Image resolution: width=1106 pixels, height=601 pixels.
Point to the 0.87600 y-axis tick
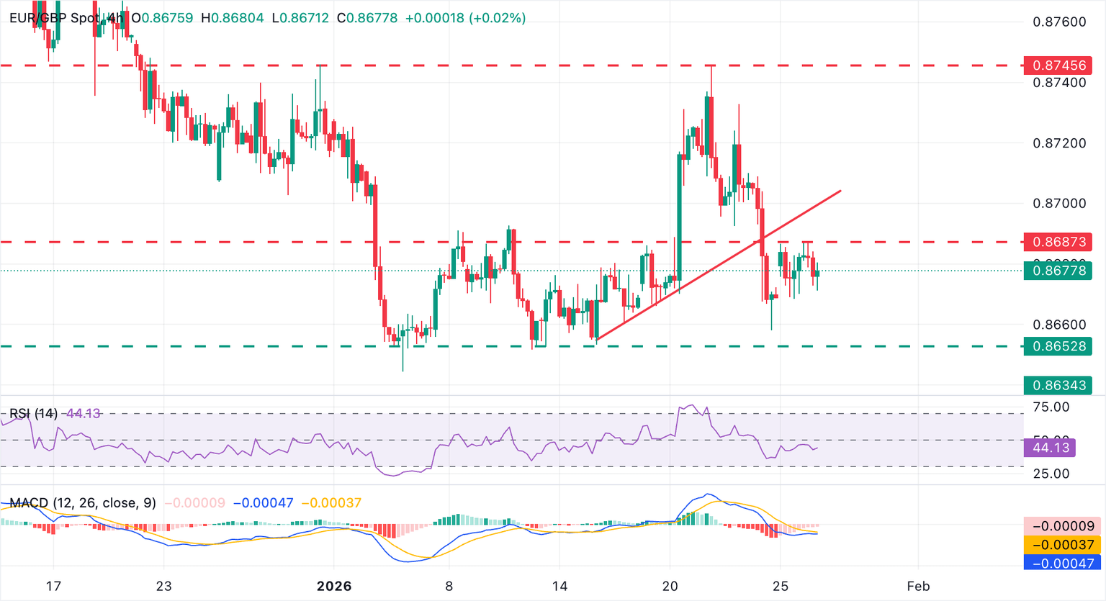[x=1058, y=22]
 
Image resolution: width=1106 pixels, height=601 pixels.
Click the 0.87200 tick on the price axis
[x=1058, y=143]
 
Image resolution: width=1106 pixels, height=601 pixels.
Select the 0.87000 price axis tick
[x=1058, y=204]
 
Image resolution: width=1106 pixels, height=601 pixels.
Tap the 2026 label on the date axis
[x=334, y=586]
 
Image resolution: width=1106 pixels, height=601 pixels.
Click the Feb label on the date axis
[x=918, y=586]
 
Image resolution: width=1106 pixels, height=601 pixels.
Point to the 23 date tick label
[x=164, y=586]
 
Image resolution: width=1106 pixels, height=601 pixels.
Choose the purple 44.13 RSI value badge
[x=1051, y=448]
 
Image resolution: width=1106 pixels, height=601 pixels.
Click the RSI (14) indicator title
[x=33, y=413]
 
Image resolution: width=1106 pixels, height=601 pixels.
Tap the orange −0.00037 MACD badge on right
[x=1062, y=545]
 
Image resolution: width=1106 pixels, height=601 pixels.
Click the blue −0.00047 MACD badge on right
[x=1062, y=563]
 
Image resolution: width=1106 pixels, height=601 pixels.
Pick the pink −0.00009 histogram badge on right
[x=1062, y=526]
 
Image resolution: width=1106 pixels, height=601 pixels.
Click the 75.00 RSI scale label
[x=1051, y=407]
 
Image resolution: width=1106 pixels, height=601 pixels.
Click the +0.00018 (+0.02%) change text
[x=465, y=18]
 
